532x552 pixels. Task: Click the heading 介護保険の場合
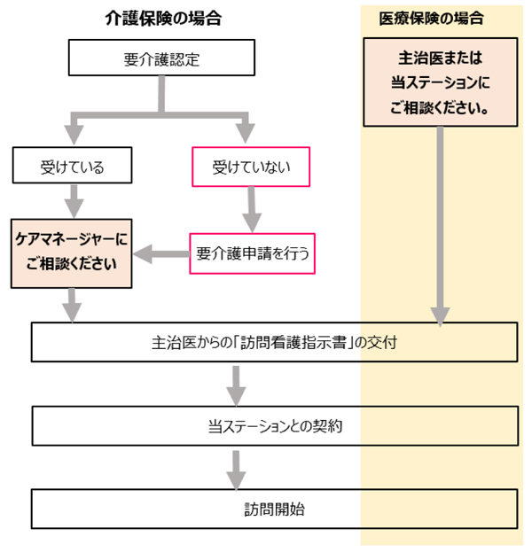[161, 19]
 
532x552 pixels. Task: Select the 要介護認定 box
[161, 61]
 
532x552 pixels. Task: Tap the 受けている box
[72, 166]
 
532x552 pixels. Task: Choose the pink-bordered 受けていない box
[251, 166]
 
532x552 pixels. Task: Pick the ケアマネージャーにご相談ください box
[72, 253]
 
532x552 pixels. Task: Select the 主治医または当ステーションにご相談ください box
[440, 85]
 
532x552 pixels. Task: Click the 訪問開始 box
[275, 510]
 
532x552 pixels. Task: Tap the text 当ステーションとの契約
[275, 426]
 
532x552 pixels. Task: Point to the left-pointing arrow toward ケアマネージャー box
[160, 255]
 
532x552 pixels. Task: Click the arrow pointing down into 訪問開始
[236, 469]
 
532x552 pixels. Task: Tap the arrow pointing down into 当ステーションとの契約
[236, 384]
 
